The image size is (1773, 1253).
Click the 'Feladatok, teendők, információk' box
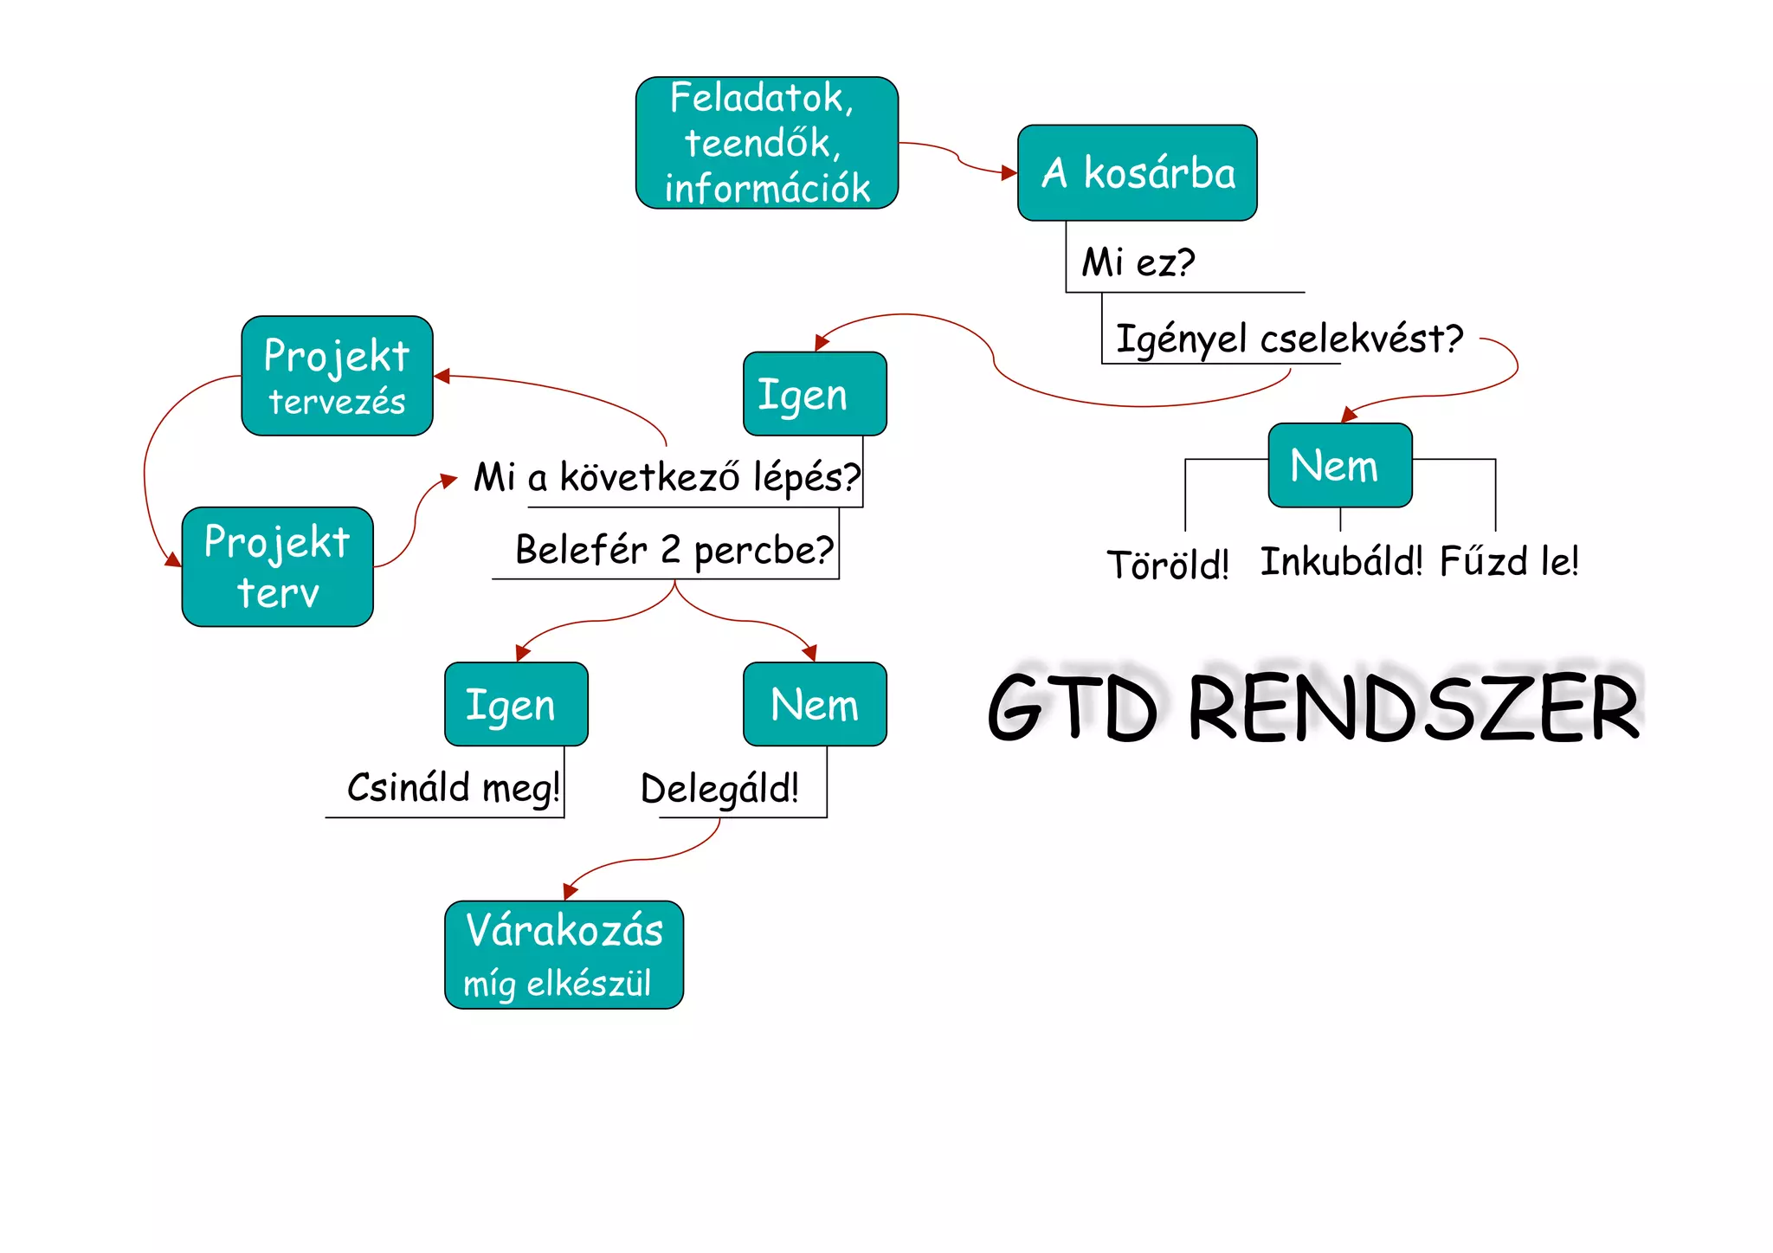766,143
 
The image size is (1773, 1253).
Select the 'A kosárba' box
1137,173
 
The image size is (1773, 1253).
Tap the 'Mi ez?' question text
1138,262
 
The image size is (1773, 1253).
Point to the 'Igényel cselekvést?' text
1288,339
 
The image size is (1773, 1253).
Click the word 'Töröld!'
1168,565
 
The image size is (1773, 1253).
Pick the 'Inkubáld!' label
1341,561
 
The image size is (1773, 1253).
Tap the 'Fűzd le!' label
1509,561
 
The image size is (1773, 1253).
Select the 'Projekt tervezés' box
337,376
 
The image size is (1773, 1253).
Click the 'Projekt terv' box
277,567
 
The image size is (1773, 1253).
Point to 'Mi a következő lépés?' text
667,477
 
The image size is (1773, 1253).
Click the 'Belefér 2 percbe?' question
674,550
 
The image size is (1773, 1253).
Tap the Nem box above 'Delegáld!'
814,704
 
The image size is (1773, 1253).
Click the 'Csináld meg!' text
453,788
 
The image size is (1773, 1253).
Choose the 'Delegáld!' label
719,789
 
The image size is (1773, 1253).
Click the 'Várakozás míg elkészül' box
564,955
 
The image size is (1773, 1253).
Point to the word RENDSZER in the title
1413,708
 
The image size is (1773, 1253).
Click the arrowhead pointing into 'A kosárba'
1009,173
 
